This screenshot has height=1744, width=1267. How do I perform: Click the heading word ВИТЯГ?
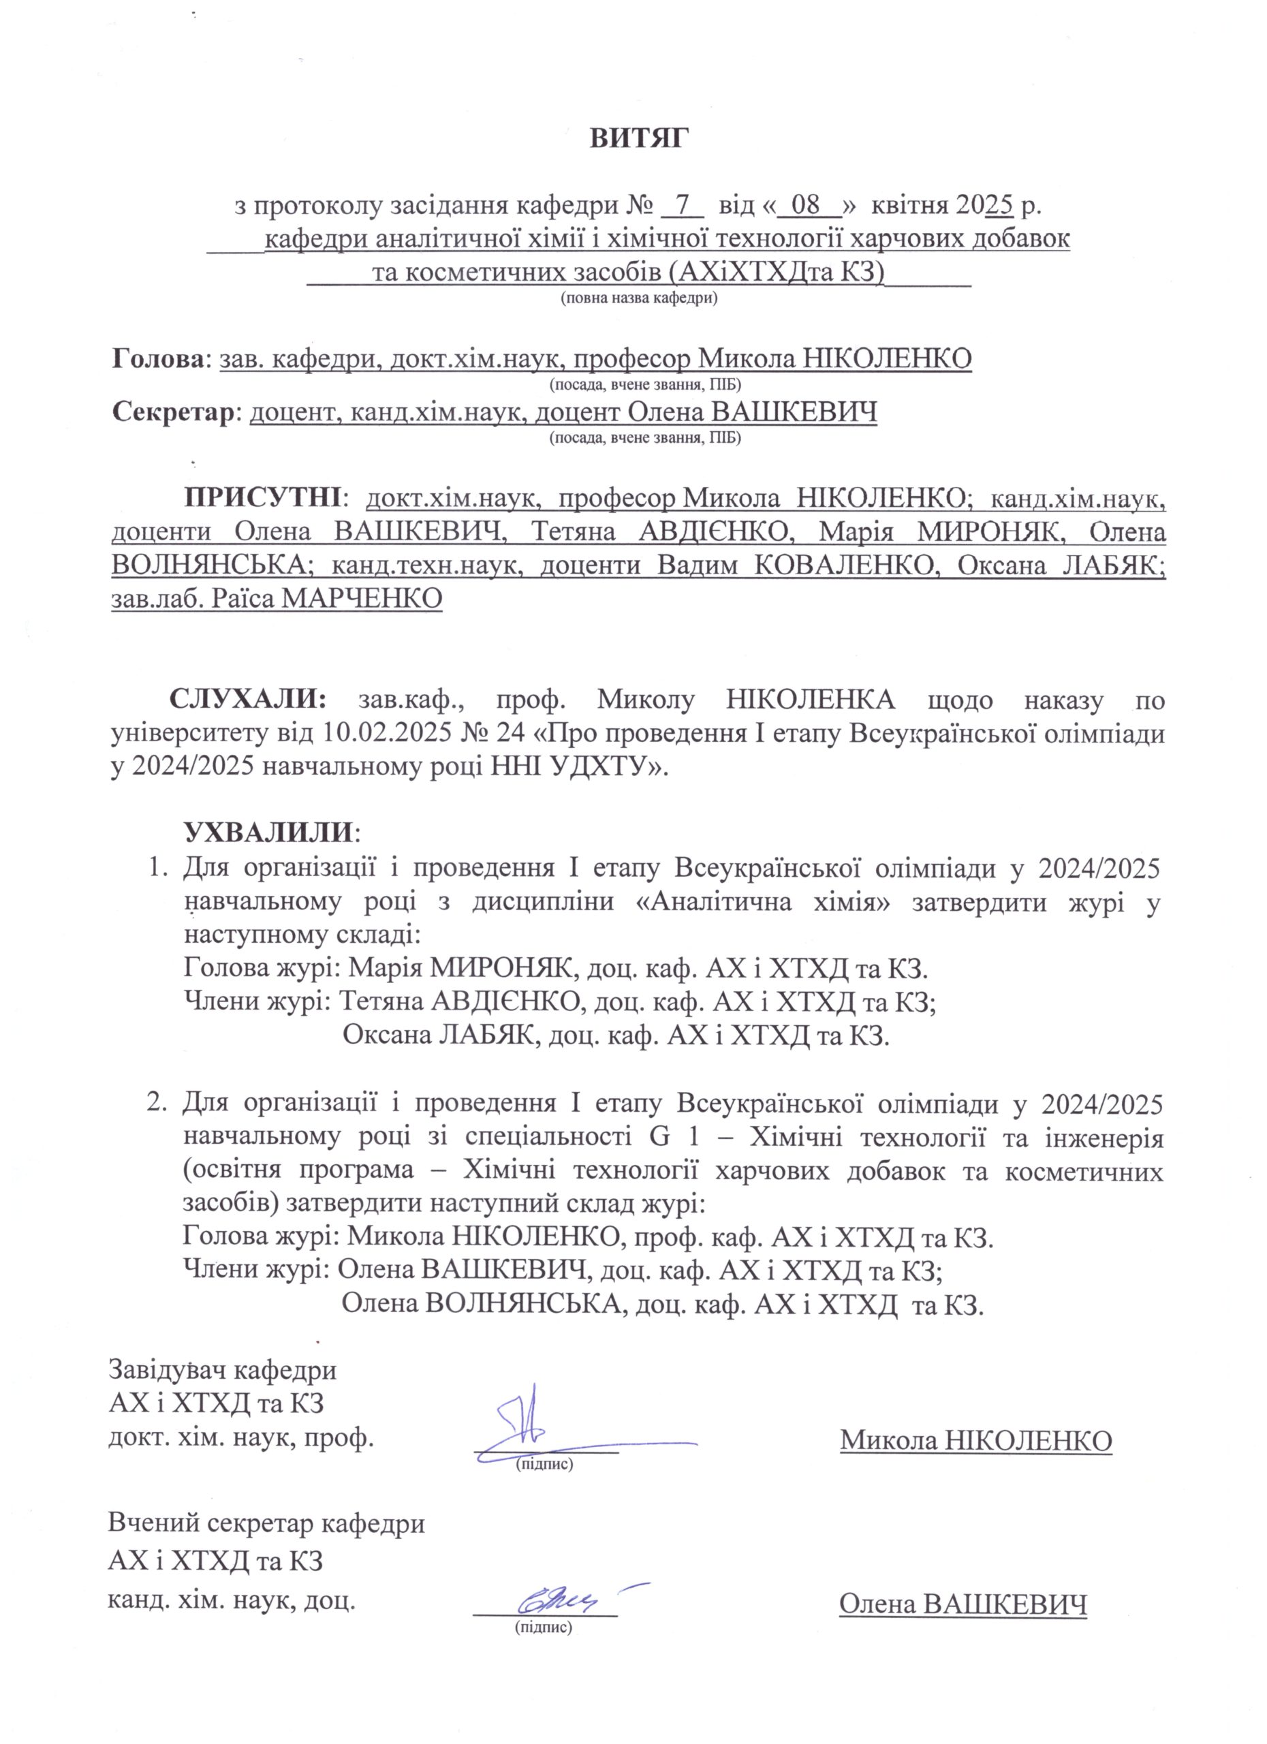[639, 139]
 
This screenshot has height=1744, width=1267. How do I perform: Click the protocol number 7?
[681, 206]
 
